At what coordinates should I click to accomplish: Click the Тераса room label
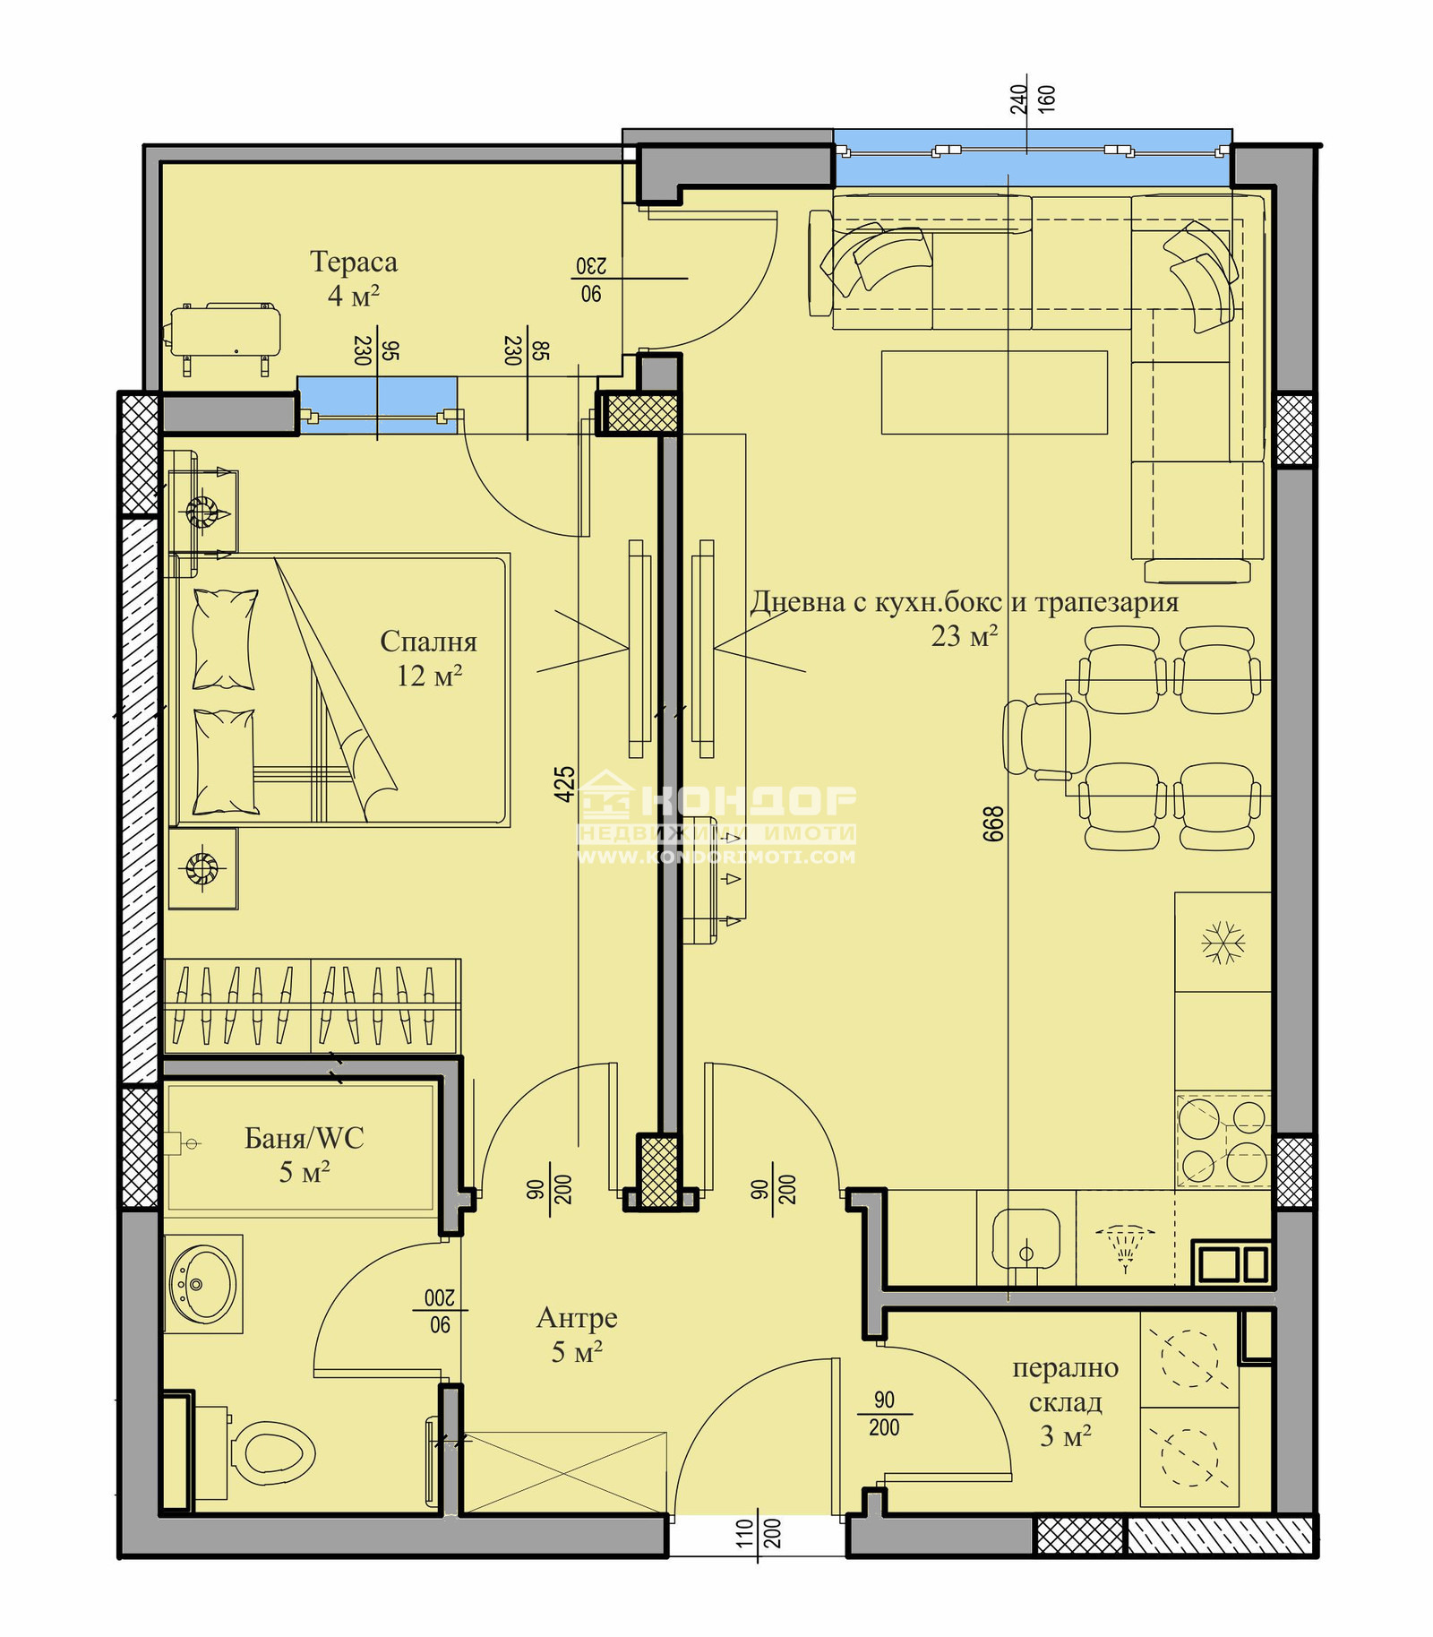(x=353, y=262)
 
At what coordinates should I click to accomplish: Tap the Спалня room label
(x=428, y=642)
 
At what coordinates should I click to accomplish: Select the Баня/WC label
(x=304, y=1138)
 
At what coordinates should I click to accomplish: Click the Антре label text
(x=577, y=1317)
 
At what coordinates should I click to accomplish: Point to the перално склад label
(x=1065, y=1384)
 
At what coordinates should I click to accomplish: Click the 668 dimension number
(x=993, y=823)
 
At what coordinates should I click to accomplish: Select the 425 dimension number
(x=564, y=783)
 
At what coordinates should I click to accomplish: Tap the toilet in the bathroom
(x=273, y=1452)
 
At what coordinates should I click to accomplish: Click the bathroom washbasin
(x=203, y=1284)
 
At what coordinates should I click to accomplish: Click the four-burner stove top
(x=1223, y=1141)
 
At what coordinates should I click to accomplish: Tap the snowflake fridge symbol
(x=1223, y=943)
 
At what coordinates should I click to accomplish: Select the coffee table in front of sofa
(x=994, y=392)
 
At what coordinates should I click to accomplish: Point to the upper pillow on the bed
(x=225, y=639)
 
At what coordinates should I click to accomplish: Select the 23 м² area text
(x=964, y=636)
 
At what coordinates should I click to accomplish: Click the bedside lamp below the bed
(x=202, y=867)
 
